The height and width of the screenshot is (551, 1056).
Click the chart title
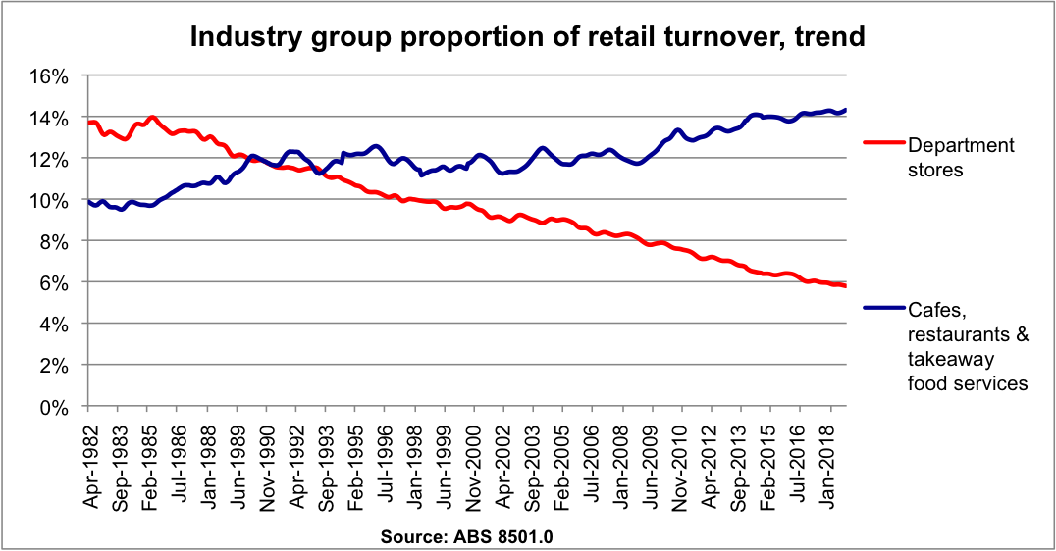pos(527,37)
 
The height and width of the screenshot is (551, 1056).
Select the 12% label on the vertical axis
pos(55,159)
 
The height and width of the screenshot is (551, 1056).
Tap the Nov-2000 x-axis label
pos(474,462)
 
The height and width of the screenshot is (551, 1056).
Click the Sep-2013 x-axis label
pos(745,462)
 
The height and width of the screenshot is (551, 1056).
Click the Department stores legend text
pos(961,157)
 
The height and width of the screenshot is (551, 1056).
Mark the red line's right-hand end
pos(846,285)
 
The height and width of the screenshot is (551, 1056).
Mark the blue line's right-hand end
pos(846,110)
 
